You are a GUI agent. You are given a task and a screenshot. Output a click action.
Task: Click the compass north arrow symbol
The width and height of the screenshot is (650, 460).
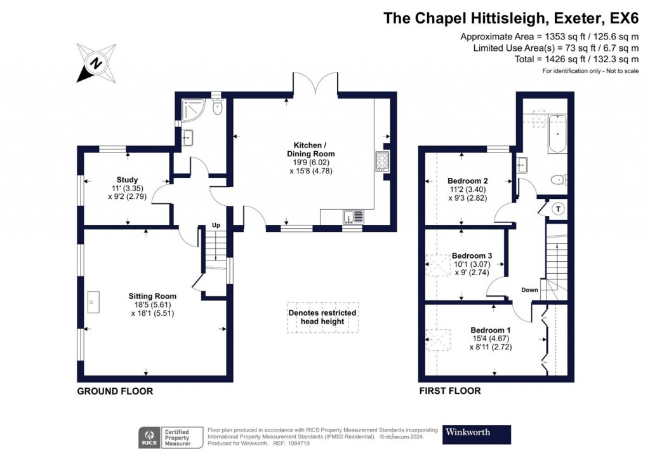[x=96, y=62]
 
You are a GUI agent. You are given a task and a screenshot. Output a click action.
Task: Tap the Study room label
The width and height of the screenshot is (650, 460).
[x=127, y=180]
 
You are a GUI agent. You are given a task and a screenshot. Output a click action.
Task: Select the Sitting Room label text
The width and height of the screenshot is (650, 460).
[x=152, y=296]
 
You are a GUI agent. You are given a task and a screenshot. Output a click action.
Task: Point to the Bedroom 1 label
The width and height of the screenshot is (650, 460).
[x=490, y=330]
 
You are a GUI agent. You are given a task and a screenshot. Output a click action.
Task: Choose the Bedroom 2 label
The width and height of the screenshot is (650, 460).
[x=467, y=180]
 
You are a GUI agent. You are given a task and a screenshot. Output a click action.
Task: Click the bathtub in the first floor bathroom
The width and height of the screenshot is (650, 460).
[x=557, y=133]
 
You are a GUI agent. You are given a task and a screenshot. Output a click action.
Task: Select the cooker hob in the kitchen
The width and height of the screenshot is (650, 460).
[x=383, y=161]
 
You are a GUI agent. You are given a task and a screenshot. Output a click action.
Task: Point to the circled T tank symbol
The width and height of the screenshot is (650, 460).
[x=558, y=208]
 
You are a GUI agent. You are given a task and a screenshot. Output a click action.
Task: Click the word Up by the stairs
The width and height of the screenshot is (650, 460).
[x=216, y=226]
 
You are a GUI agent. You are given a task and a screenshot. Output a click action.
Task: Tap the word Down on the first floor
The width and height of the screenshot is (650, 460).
[x=529, y=290]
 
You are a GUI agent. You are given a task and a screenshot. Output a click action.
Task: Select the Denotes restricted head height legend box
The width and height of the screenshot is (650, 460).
[x=322, y=317]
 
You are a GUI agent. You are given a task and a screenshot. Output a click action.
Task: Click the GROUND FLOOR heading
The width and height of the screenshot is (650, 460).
[x=115, y=391]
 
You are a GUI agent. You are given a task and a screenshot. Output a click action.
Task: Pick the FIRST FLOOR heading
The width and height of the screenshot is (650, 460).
[x=449, y=391]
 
